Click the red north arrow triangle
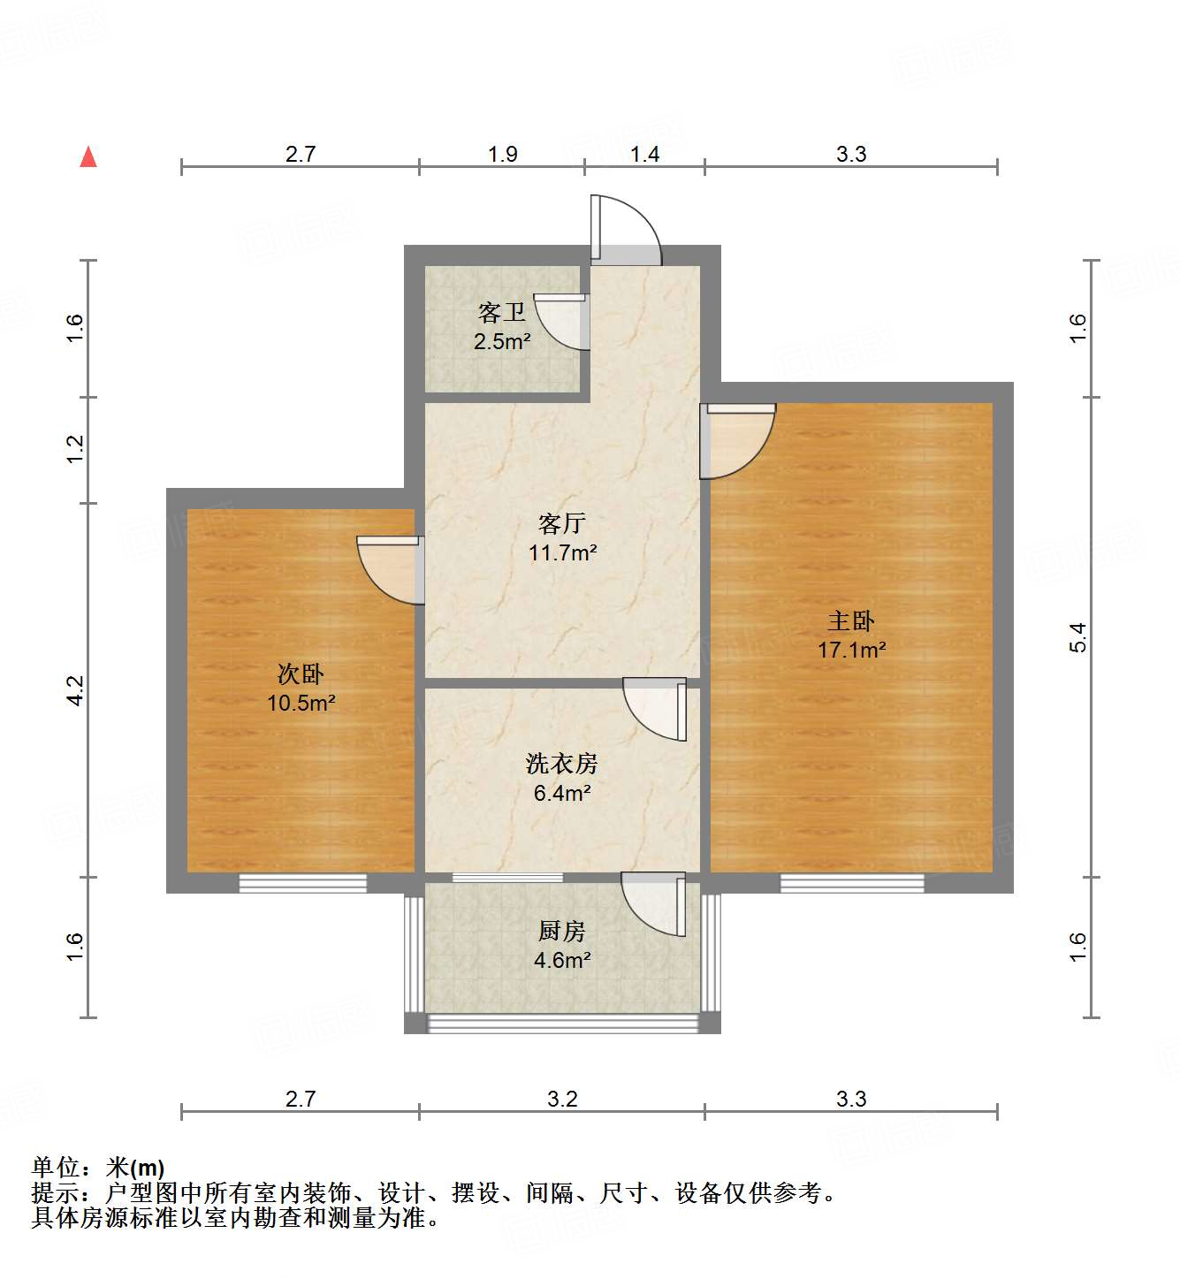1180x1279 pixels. pyautogui.click(x=88, y=157)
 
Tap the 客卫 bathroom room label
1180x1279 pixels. pyautogui.click(x=501, y=312)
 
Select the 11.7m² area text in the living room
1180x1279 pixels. pyautogui.click(x=562, y=553)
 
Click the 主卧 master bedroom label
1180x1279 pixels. pyautogui.click(x=850, y=621)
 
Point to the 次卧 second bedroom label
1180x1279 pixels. pyautogui.click(x=301, y=674)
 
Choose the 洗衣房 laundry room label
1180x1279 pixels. pyautogui.click(x=561, y=764)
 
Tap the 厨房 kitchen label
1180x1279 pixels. pyautogui.click(x=561, y=931)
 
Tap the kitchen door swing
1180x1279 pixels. pyautogui.click(x=655, y=903)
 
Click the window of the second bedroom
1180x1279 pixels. pyautogui.click(x=302, y=883)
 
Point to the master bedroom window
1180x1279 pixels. pyautogui.click(x=851, y=883)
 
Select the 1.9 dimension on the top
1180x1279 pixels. pyautogui.click(x=502, y=154)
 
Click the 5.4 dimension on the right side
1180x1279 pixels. pyautogui.click(x=1077, y=637)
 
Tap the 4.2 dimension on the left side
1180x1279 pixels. pyautogui.click(x=75, y=690)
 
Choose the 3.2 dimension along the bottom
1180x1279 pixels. pyautogui.click(x=561, y=1099)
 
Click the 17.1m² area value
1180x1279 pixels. pyautogui.click(x=851, y=651)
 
